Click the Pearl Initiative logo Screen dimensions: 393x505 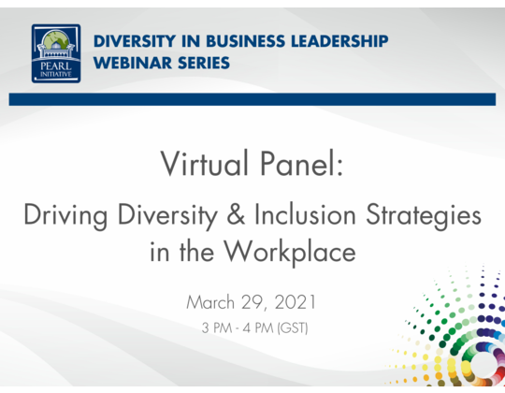point(56,53)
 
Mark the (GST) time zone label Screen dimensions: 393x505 point(294,327)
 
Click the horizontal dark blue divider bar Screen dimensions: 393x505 point(252,99)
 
